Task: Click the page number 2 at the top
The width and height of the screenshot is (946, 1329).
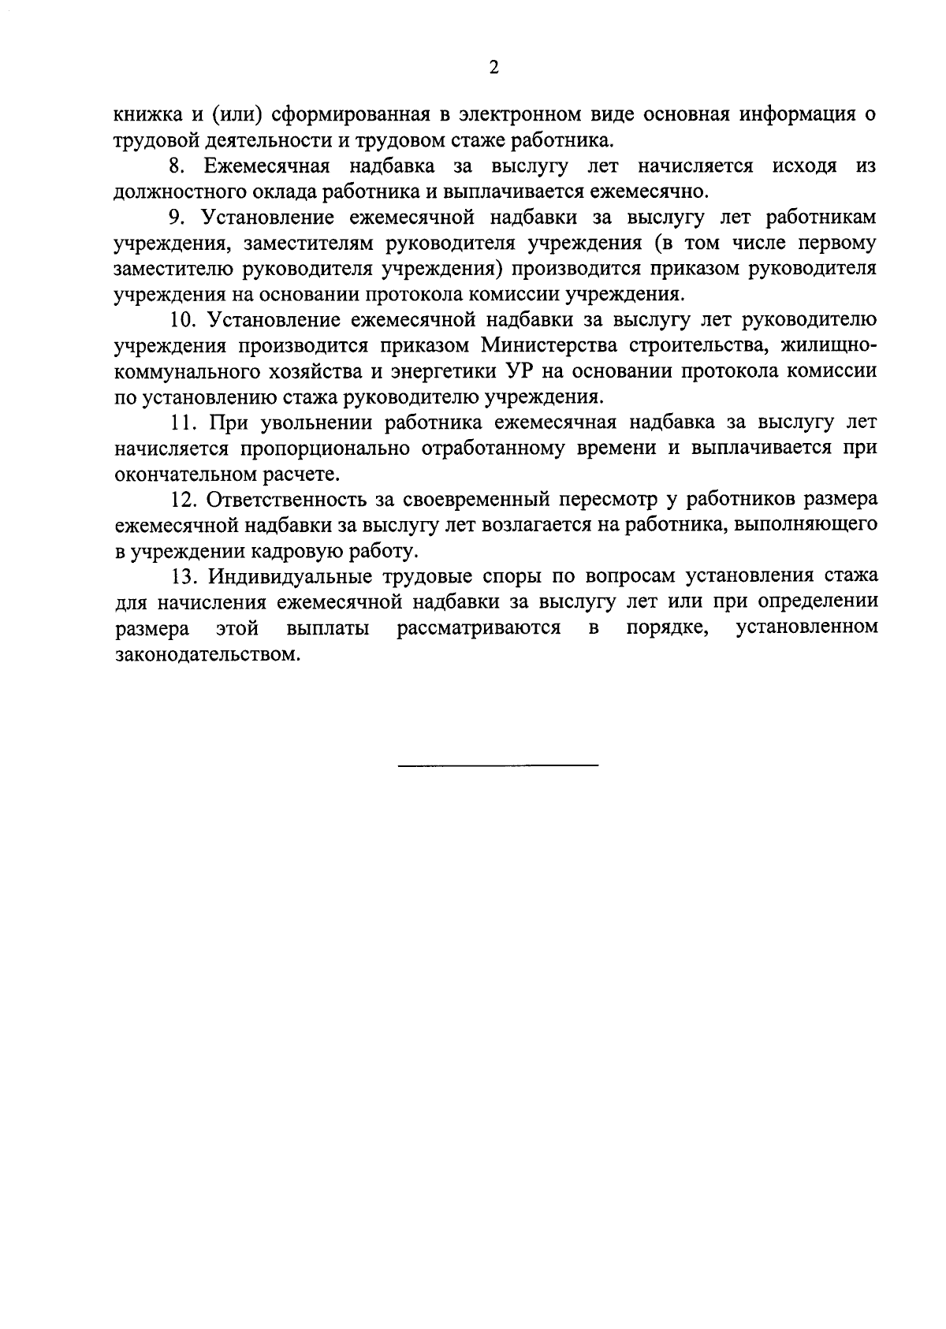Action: pyautogui.click(x=494, y=68)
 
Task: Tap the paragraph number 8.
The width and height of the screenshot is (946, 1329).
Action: pyautogui.click(x=178, y=166)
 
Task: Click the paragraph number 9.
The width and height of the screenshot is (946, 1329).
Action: pyautogui.click(x=178, y=218)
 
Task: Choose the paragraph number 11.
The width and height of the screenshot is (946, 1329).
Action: pyautogui.click(x=182, y=423)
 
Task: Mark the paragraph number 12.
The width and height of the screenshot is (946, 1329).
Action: pyautogui.click(x=182, y=500)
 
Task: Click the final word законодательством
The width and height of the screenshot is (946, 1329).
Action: pyautogui.click(x=207, y=653)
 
